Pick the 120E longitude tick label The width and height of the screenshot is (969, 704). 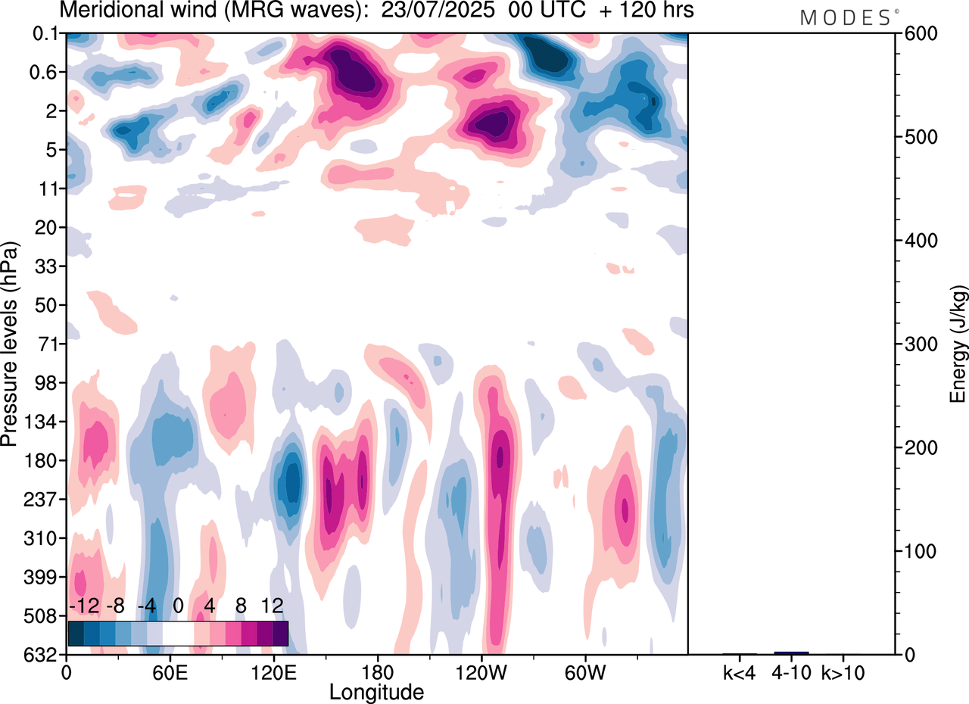(x=273, y=671)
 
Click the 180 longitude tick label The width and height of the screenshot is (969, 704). (x=377, y=671)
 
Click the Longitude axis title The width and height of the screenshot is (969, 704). (x=376, y=691)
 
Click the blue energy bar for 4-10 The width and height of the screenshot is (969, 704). (x=791, y=653)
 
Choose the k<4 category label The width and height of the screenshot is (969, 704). (x=740, y=671)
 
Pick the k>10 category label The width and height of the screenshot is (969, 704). (x=843, y=671)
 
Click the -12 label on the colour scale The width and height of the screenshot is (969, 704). (x=84, y=606)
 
